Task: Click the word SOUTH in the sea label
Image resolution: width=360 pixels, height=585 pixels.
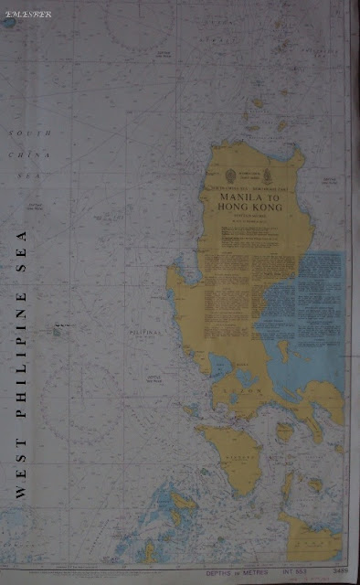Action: [30, 133]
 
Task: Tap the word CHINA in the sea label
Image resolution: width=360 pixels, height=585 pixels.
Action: [30, 154]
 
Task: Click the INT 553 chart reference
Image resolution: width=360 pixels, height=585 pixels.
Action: [294, 572]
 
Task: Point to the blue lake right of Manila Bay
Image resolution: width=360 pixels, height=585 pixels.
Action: [245, 378]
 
